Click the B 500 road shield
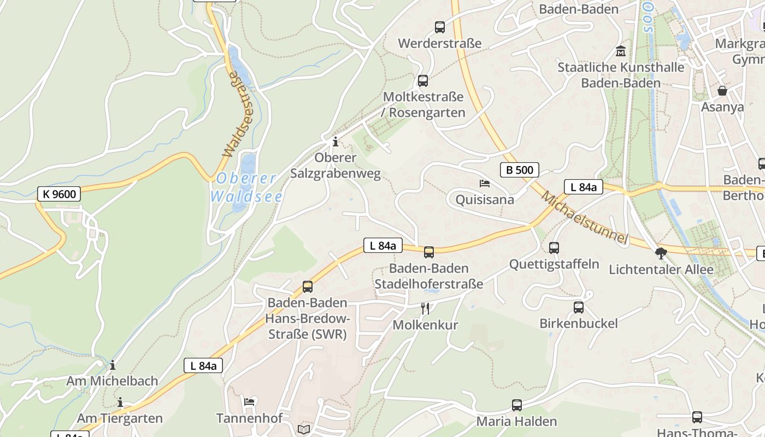tap(519, 170)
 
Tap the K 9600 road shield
tap(59, 193)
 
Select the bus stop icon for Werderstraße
tap(439, 27)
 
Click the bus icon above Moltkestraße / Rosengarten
tap(422, 81)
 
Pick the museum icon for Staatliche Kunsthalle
tap(620, 51)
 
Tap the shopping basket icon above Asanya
tap(722, 91)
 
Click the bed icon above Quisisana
tap(484, 183)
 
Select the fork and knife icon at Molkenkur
tap(425, 309)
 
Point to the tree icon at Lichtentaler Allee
tap(661, 253)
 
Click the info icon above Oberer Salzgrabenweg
tap(335, 142)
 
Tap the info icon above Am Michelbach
tap(113, 365)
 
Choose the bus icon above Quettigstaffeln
tap(554, 248)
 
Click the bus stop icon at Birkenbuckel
tap(578, 307)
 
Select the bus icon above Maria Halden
tap(516, 405)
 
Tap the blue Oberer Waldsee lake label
tap(246, 187)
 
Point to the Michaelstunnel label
tap(584, 217)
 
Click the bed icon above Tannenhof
tap(249, 402)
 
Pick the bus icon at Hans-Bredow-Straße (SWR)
tap(307, 286)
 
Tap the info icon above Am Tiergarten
tap(120, 403)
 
